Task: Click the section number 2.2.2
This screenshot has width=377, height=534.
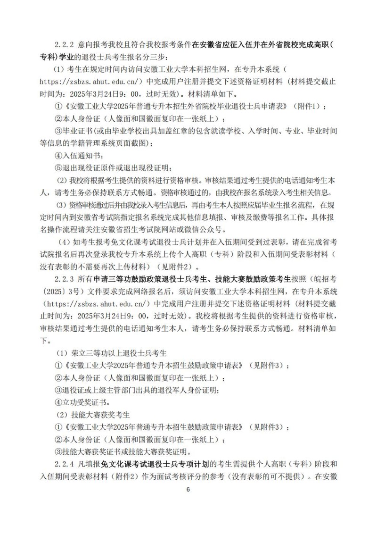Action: tap(66, 45)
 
